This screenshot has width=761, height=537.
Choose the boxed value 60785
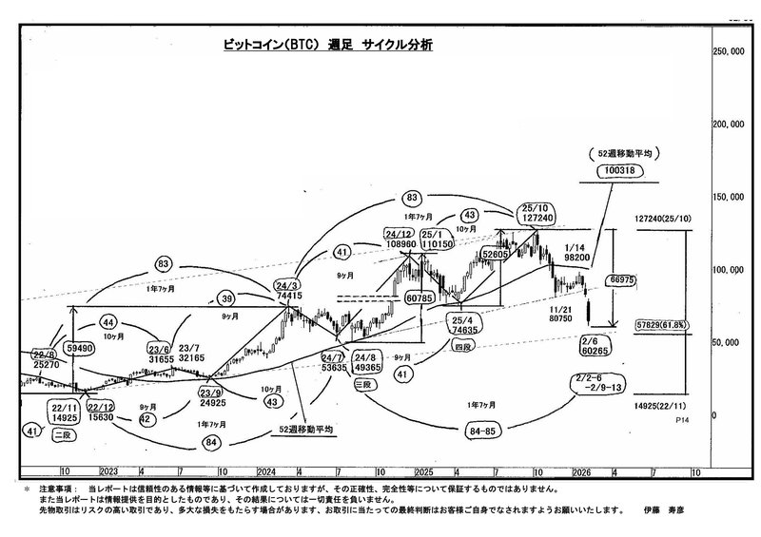pos(420,298)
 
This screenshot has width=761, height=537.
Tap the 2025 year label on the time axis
pos(425,471)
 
